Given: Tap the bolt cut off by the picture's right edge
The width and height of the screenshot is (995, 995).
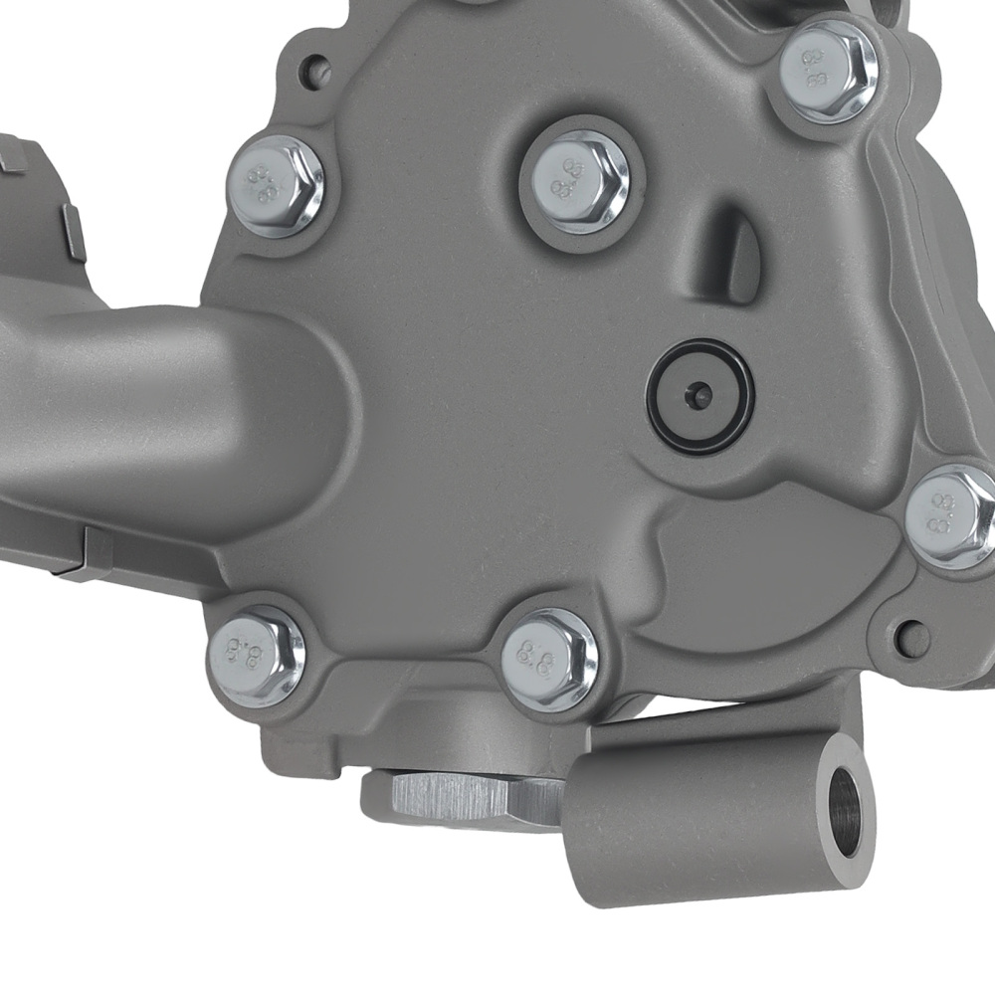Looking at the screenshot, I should [x=953, y=516].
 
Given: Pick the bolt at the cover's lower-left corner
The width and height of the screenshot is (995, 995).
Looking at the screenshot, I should [x=255, y=655].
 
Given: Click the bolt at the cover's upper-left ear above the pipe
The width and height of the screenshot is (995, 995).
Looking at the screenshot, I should [x=276, y=185].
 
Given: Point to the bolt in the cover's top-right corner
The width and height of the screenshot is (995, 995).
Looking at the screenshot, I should [x=828, y=70].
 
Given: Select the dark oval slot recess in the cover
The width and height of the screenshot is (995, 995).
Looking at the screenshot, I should [x=738, y=254].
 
